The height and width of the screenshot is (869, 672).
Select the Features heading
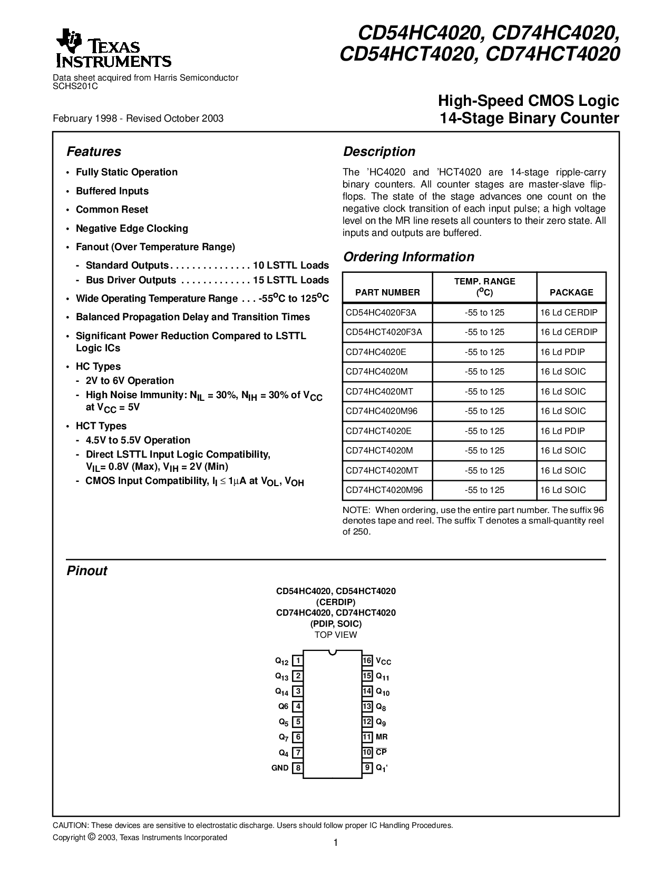(x=94, y=152)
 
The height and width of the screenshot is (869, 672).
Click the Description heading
(x=379, y=152)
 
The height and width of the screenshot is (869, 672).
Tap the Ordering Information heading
(x=408, y=257)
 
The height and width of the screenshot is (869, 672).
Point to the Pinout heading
(x=87, y=571)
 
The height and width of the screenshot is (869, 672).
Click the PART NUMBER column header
(x=387, y=292)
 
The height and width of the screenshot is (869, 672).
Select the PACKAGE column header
(x=571, y=292)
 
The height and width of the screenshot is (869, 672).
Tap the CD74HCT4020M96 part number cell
(x=384, y=490)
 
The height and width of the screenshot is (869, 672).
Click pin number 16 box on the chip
(x=367, y=660)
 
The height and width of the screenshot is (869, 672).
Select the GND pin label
(x=280, y=768)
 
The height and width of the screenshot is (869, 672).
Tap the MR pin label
(x=382, y=737)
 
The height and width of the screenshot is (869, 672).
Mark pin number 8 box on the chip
(x=298, y=768)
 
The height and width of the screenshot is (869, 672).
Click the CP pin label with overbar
(x=381, y=752)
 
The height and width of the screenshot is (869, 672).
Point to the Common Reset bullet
(x=112, y=210)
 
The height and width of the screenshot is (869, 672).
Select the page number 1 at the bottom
(x=336, y=843)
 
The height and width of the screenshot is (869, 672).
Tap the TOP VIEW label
(x=336, y=635)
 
